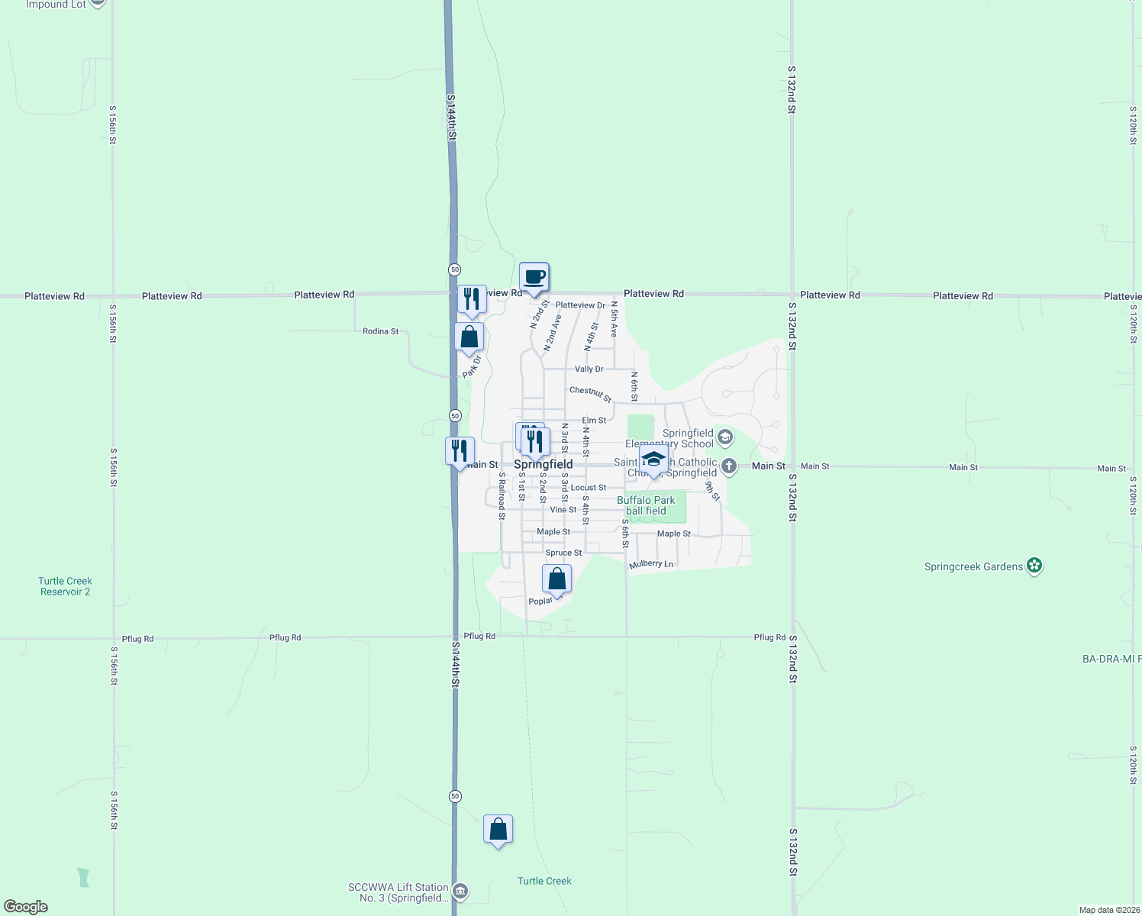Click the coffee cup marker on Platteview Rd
tap(534, 276)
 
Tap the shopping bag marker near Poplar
tap(557, 579)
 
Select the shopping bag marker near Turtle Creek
tap(498, 829)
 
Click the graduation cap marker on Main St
tap(653, 459)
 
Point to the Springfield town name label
tap(543, 464)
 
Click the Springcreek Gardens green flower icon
tap(1034, 566)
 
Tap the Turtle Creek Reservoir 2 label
tap(66, 586)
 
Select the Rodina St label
tap(380, 331)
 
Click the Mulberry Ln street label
tap(651, 564)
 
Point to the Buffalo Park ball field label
tap(646, 505)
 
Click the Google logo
tap(26, 907)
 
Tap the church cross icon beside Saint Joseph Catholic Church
tap(729, 466)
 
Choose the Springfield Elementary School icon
tap(725, 437)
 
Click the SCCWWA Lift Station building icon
tap(460, 891)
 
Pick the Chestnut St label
tap(590, 394)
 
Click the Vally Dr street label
tap(589, 369)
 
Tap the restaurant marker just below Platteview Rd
tap(472, 299)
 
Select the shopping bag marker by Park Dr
tap(469, 337)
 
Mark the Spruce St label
tap(563, 553)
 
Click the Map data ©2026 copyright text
tap(1108, 910)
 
